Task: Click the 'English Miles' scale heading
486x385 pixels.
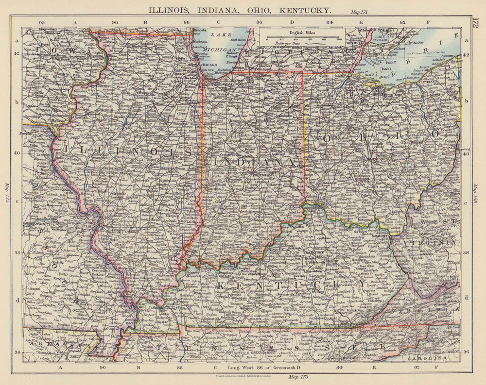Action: (301, 33)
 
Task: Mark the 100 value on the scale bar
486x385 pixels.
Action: (339, 40)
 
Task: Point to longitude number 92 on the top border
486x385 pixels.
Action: (42, 22)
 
